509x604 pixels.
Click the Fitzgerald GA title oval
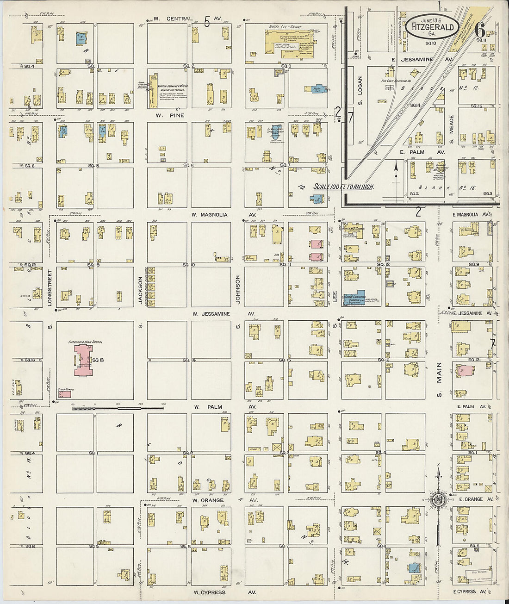click(x=432, y=28)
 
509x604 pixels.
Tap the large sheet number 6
click(x=480, y=31)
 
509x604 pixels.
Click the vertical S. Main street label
click(x=439, y=380)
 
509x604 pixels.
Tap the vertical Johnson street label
click(x=238, y=290)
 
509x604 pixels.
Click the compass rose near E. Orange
click(x=437, y=499)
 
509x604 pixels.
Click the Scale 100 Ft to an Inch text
click(x=343, y=187)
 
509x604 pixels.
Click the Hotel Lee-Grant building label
click(x=285, y=27)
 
